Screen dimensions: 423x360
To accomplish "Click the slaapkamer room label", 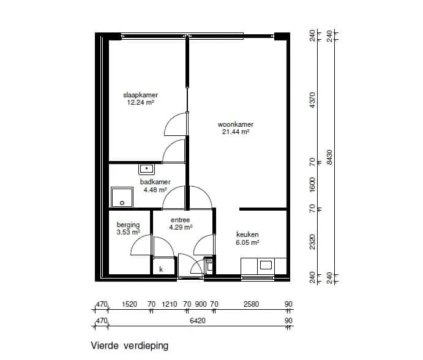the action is pyautogui.click(x=140, y=95).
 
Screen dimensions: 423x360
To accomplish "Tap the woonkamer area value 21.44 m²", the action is pyautogui.click(x=236, y=132).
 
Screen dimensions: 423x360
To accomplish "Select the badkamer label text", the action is pyautogui.click(x=155, y=182).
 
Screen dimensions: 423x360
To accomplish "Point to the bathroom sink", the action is pyautogui.click(x=146, y=169).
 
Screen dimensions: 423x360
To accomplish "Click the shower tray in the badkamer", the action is pyautogui.click(x=122, y=197).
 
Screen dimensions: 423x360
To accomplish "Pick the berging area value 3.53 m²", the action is pyautogui.click(x=128, y=232).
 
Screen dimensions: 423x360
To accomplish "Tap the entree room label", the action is pyautogui.click(x=180, y=220).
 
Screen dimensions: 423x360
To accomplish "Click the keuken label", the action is pyautogui.click(x=247, y=234).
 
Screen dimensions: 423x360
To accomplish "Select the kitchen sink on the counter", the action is pyautogui.click(x=266, y=265).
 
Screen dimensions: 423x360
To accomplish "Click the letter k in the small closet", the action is pyautogui.click(x=161, y=269).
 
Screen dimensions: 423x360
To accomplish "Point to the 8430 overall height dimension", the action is pyautogui.click(x=329, y=157).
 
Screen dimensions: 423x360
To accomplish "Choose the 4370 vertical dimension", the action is pyautogui.click(x=312, y=100).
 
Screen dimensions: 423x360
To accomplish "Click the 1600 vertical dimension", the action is pyautogui.click(x=312, y=184).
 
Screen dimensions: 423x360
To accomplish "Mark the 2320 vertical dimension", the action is pyautogui.click(x=312, y=242).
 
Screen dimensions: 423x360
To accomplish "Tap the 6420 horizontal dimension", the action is pyautogui.click(x=198, y=321).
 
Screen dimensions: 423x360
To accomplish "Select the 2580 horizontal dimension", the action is pyautogui.click(x=251, y=304).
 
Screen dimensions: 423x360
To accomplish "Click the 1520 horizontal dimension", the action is pyautogui.click(x=130, y=304).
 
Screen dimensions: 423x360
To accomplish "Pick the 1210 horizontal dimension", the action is pyautogui.click(x=170, y=304).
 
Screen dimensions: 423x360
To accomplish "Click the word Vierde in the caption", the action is pyautogui.click(x=105, y=345).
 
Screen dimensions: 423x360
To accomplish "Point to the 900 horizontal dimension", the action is pyautogui.click(x=201, y=304).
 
